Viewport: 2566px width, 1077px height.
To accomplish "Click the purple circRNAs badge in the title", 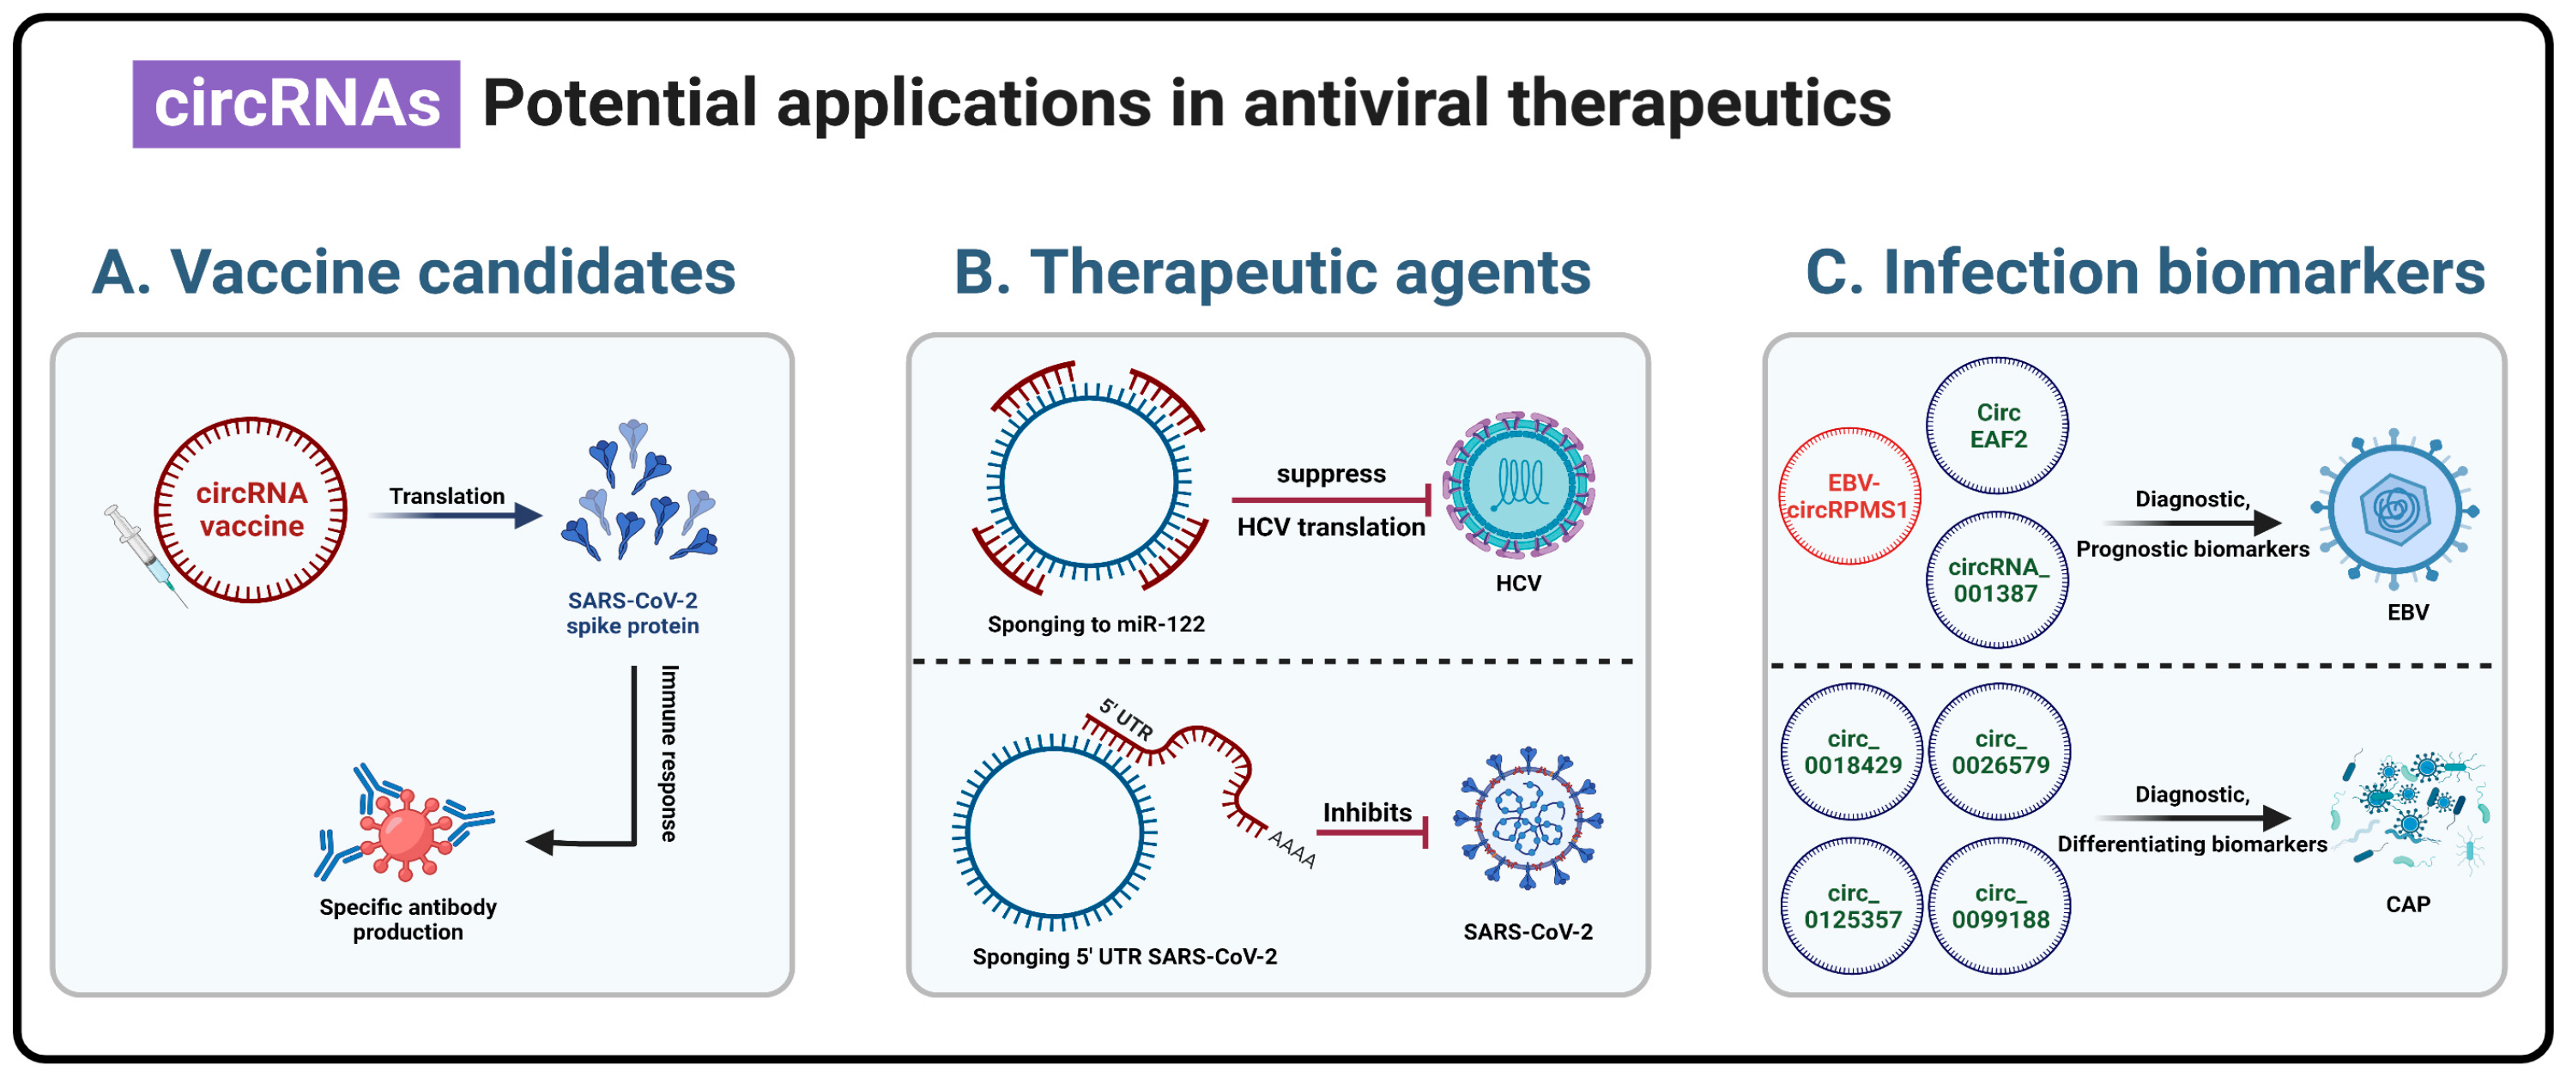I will click(296, 104).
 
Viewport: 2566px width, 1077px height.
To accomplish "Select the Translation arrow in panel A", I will click(453, 515).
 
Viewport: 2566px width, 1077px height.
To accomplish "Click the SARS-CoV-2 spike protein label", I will click(632, 613).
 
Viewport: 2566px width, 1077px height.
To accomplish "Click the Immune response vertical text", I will click(669, 753).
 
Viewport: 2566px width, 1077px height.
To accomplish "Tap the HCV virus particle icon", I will click(1518, 484).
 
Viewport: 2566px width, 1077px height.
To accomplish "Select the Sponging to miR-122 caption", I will click(1096, 625).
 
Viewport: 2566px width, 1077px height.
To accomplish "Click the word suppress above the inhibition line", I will click(1331, 475).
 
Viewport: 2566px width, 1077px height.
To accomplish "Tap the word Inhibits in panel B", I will click(1366, 813).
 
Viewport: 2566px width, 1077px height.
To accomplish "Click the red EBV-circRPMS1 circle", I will click(1849, 496).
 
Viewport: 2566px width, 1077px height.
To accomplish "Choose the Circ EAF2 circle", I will click(1997, 426).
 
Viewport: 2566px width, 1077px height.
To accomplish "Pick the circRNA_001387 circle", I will click(1997, 580).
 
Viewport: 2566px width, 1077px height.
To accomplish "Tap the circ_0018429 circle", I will click(1852, 753).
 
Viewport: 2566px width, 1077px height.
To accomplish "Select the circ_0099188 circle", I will click(2000, 906).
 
